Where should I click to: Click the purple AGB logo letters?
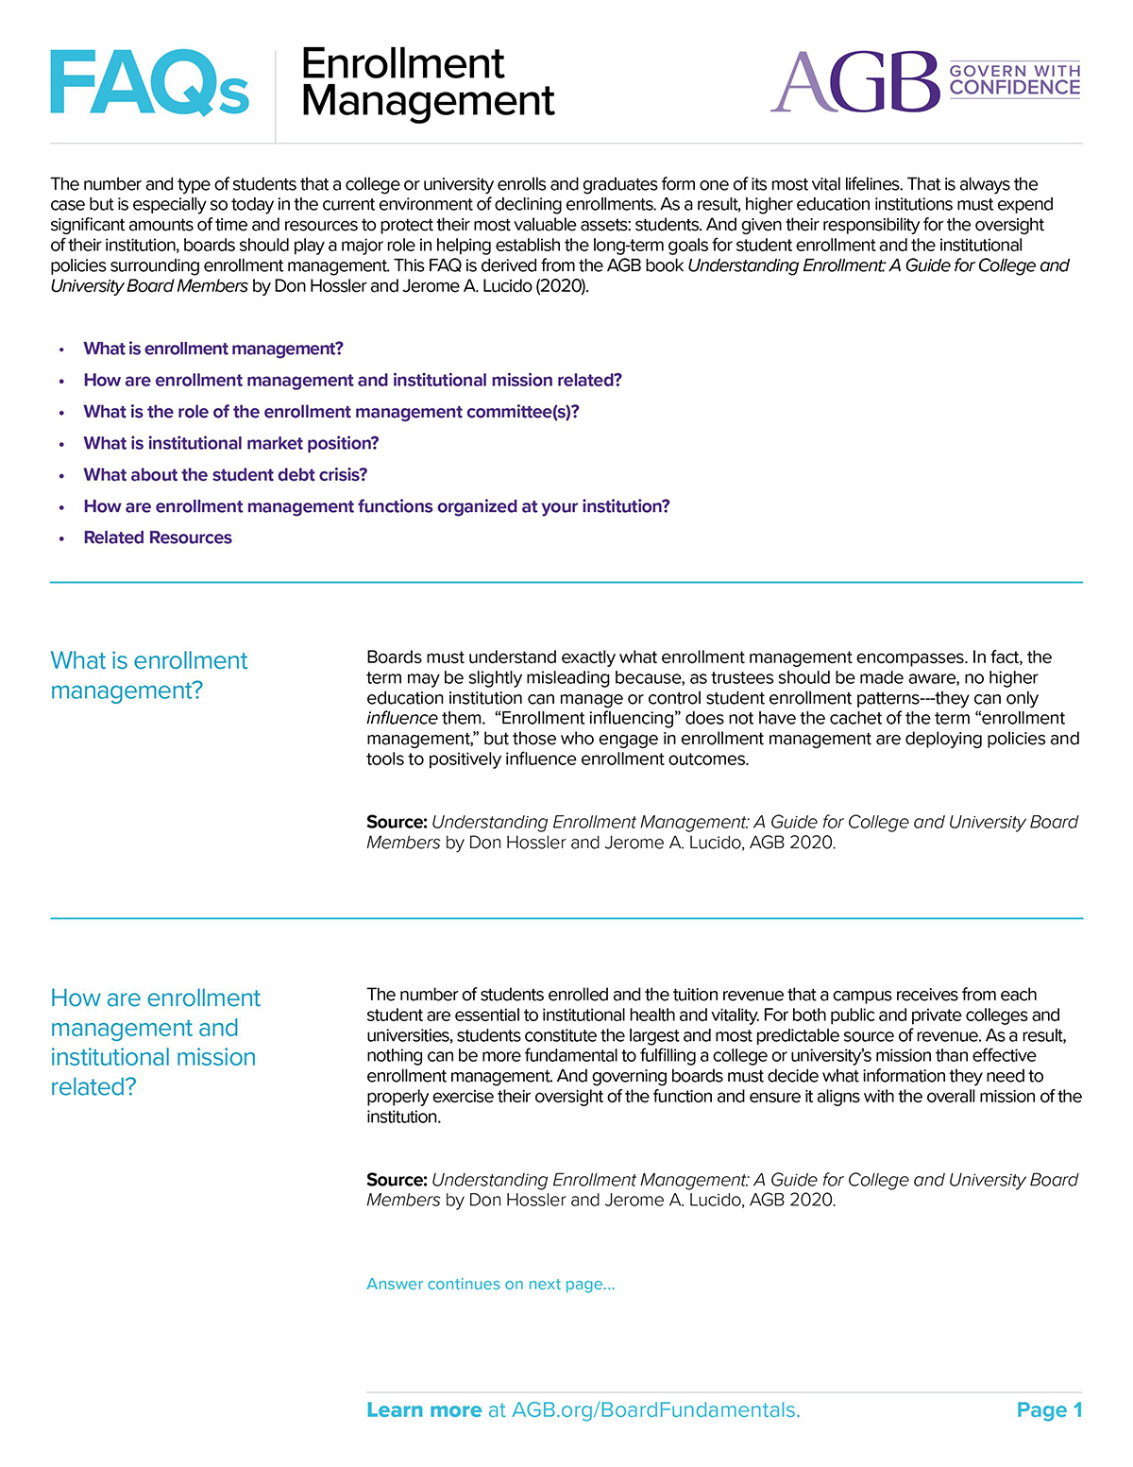[855, 82]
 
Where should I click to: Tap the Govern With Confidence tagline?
[1014, 80]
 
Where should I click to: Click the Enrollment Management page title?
[427, 82]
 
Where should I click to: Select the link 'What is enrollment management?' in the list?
[213, 349]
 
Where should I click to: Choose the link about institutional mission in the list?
[352, 380]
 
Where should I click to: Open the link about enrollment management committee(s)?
[331, 412]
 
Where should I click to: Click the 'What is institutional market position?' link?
[231, 443]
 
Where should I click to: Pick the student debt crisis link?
[226, 474]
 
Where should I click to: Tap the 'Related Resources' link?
[158, 537]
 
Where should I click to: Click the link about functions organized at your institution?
[377, 506]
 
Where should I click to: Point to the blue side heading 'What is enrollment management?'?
[148, 675]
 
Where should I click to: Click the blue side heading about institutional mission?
[155, 1042]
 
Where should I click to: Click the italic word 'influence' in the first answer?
[401, 718]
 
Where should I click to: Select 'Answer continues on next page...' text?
[491, 1284]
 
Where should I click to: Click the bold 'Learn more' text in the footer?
[424, 1410]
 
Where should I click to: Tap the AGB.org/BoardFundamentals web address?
[655, 1410]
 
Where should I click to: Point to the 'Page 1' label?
[1049, 1410]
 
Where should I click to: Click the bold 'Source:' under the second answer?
[397, 1180]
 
